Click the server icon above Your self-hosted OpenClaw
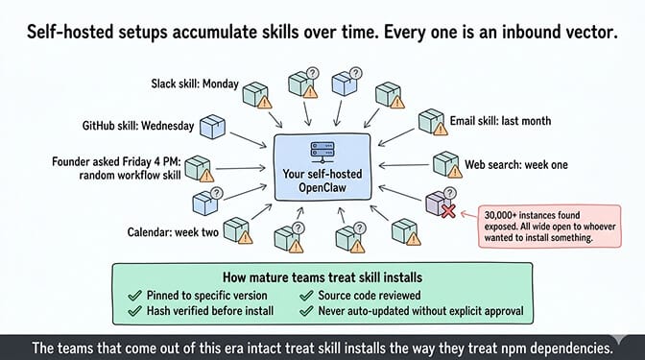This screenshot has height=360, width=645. coord(322,153)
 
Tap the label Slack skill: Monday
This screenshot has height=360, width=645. coord(195,84)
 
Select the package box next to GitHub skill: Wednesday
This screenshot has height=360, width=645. coord(213,127)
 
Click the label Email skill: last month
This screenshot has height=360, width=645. coord(500,121)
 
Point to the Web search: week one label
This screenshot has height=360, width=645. coord(516,165)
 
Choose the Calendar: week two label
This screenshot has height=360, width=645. coord(173,232)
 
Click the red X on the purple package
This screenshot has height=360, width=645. coord(448,211)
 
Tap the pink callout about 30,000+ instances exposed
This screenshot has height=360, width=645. coord(550,227)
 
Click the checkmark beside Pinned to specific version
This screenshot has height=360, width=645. coord(135,296)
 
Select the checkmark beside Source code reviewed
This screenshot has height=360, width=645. coord(306,296)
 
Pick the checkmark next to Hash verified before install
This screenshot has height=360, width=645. coord(135,311)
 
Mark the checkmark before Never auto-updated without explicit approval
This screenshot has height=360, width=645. coord(306,311)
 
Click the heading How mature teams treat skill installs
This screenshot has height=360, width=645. coord(322,277)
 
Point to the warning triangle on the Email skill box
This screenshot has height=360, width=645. coord(441,130)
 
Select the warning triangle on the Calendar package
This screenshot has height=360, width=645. coord(245,237)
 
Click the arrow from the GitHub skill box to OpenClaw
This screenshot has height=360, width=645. coord(248,139)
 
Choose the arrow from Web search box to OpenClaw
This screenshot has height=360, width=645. coord(403,165)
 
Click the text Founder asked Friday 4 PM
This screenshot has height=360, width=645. coord(116,161)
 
